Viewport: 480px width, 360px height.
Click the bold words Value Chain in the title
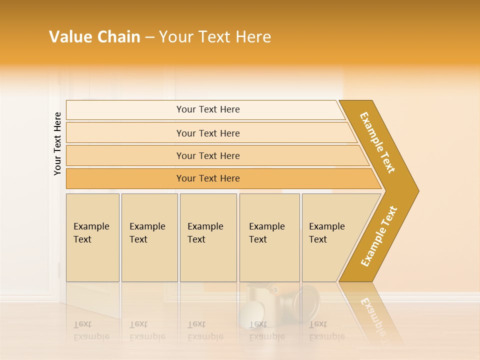[x=94, y=37]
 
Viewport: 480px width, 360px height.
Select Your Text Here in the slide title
[x=215, y=37]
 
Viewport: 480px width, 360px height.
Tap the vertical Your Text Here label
[x=57, y=143]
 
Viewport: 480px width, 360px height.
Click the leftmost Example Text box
[x=92, y=237]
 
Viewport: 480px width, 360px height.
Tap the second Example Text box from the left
[x=149, y=237]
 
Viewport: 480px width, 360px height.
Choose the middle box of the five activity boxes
[x=208, y=237]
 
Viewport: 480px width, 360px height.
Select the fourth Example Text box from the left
[x=269, y=237]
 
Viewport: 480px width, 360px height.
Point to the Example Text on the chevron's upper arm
[x=377, y=142]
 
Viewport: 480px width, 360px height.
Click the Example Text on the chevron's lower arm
[x=379, y=236]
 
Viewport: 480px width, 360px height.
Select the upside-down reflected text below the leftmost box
[x=91, y=330]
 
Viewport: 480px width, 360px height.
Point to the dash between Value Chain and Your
[x=149, y=37]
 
